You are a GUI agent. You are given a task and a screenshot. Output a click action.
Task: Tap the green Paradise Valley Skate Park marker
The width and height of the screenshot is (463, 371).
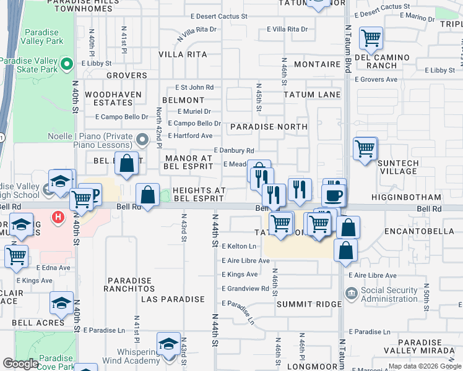point(69,62)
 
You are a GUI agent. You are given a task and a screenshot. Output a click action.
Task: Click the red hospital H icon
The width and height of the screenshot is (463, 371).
point(58,217)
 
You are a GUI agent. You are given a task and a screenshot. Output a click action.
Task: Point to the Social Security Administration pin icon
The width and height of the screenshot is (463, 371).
point(350,292)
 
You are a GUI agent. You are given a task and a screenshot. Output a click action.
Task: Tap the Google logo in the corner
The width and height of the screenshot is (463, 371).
point(20,364)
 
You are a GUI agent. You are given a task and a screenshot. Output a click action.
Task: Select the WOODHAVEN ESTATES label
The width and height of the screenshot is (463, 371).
point(113,99)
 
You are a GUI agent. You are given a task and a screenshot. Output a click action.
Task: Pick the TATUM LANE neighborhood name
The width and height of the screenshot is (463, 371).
point(312,95)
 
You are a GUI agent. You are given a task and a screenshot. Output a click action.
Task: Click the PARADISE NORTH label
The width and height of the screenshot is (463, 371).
point(268,127)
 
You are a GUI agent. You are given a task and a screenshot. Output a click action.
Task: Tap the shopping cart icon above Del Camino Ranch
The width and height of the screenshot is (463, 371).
point(371,38)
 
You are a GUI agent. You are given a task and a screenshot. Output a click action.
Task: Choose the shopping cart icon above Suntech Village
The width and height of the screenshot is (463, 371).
point(365,148)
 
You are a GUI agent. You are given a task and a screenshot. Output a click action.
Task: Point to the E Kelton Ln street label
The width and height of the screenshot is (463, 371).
point(238,246)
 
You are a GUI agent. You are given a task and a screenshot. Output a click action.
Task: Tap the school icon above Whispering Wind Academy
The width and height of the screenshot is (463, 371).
point(168,344)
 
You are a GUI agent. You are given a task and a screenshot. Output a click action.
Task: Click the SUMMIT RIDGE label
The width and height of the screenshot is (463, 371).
point(309,304)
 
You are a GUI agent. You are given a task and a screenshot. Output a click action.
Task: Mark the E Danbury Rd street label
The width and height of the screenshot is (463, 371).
point(234,150)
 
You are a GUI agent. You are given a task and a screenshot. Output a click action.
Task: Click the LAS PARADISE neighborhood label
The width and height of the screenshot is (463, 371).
point(173,299)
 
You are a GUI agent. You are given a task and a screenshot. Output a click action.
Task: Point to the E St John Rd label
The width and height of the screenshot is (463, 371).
point(194,88)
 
